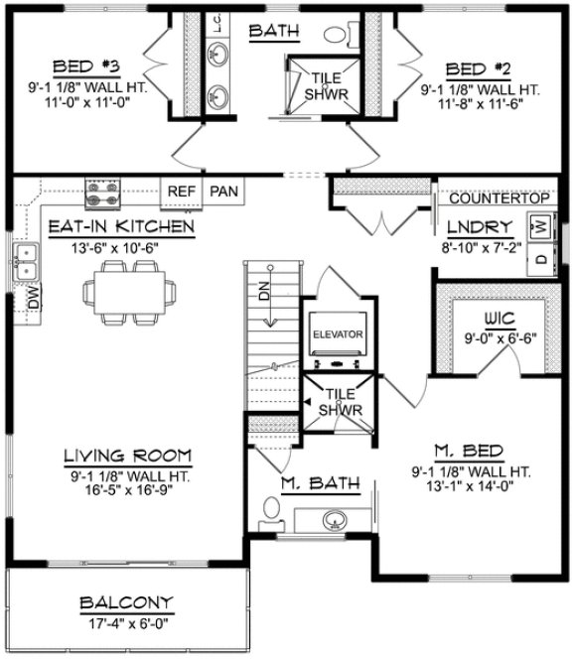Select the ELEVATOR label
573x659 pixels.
[x=338, y=334]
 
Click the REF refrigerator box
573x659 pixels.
[x=181, y=191]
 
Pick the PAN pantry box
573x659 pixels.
[x=223, y=191]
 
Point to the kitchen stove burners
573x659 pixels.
[x=102, y=189]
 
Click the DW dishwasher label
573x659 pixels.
[x=33, y=295]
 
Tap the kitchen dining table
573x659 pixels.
[x=131, y=294]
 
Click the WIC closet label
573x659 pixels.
[x=495, y=320]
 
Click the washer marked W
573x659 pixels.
[x=541, y=227]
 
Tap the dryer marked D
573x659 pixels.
[x=541, y=259]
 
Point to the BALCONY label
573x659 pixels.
[x=127, y=602]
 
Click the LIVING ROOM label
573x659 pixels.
[x=127, y=456]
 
